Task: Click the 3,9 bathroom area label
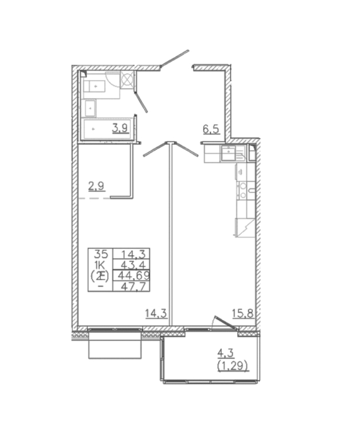click(x=120, y=129)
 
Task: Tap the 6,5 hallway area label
click(x=211, y=130)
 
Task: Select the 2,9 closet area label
click(x=96, y=186)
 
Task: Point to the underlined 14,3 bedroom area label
click(x=156, y=313)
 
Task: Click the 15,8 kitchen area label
click(x=243, y=313)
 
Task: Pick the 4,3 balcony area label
click(x=226, y=353)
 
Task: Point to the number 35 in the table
click(x=101, y=255)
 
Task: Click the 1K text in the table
click(x=100, y=265)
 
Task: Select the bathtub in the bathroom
click(x=108, y=129)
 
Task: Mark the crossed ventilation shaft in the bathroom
click(x=127, y=79)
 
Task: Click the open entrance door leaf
click(x=175, y=59)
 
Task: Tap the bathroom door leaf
click(x=141, y=101)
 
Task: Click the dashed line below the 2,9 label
click(x=94, y=198)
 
